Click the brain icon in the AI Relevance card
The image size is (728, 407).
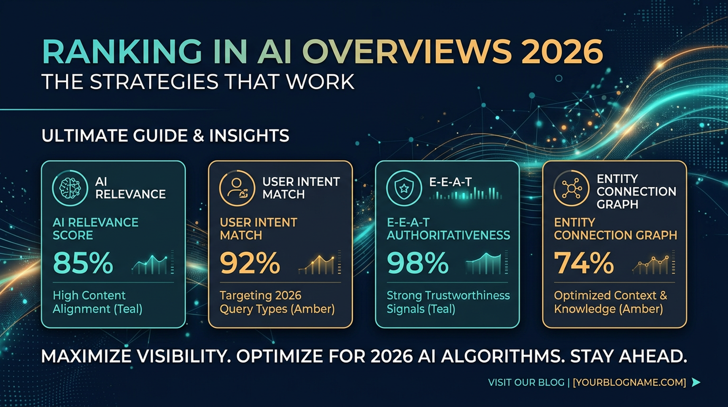pos(70,188)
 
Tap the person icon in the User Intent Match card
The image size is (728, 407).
pos(237,188)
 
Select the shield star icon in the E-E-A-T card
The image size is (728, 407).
pos(404,188)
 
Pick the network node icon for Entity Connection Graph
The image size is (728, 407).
pos(571,188)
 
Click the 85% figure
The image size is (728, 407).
pos(83,263)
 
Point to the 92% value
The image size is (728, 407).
pos(250,263)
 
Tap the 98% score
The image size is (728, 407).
pos(418,263)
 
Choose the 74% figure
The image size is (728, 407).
pos(584,263)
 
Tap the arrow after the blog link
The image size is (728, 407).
pos(696,382)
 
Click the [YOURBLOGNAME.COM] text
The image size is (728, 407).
pos(629,382)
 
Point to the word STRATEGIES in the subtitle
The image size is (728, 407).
pos(154,82)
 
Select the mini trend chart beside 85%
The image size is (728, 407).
pos(152,263)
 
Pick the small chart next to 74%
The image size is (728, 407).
pos(653,263)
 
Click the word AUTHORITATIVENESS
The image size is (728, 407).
pos(449,235)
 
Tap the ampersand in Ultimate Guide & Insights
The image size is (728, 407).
pos(198,136)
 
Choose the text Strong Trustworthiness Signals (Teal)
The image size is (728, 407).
pos(448,302)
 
